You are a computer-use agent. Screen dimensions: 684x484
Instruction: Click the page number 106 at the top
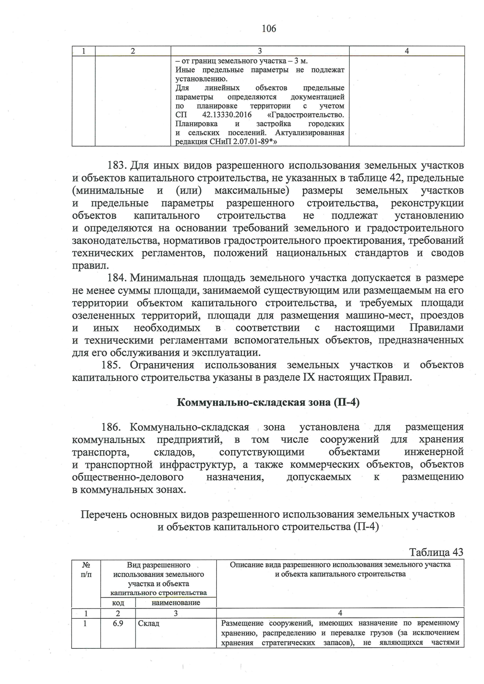point(269,29)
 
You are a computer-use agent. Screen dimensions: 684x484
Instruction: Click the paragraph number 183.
point(118,166)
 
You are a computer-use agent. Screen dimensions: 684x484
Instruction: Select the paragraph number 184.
point(118,278)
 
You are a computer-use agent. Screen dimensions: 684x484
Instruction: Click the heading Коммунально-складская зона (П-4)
point(268,403)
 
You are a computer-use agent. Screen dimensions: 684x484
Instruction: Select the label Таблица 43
point(436,552)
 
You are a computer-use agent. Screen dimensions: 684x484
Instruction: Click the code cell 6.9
point(118,624)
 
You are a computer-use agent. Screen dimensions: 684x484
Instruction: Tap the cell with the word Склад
point(149,624)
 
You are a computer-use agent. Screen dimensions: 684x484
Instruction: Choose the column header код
point(118,603)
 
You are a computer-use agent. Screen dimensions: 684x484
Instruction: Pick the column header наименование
point(176,603)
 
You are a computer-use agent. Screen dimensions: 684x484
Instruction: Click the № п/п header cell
point(86,570)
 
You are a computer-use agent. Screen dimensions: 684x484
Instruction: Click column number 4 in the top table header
point(407,51)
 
